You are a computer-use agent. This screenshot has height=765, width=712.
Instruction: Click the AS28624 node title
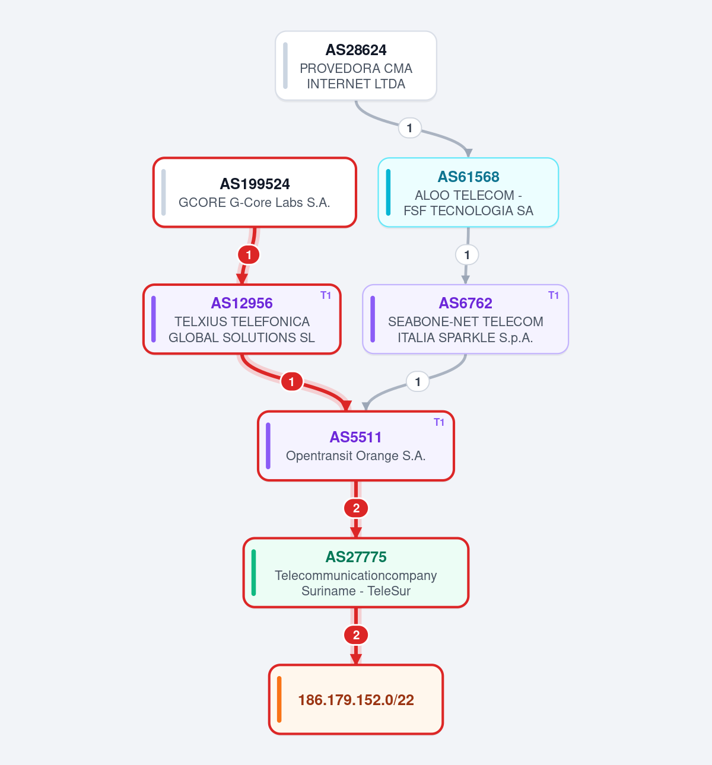[x=356, y=50]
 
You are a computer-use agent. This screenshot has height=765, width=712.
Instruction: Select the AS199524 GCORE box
[x=255, y=192]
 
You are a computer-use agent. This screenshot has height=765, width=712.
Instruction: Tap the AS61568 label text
[x=468, y=177]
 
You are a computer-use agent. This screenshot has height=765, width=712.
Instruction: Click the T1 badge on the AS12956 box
[x=326, y=295]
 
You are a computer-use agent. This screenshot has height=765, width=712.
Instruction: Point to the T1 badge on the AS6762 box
[x=554, y=295]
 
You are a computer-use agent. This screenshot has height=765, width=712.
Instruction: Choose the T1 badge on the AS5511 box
[x=439, y=422]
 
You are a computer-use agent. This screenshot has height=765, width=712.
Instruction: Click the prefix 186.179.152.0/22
[x=356, y=700]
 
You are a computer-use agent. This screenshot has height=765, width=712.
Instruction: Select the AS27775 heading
[x=356, y=557]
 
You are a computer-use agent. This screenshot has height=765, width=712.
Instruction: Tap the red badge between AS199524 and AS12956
[x=249, y=254]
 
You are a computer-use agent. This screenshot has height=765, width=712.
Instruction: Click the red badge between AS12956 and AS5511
[x=291, y=382]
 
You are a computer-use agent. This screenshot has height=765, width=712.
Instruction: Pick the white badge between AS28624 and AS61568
[x=410, y=128]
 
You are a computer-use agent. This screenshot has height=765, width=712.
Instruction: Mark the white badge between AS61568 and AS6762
[x=467, y=254]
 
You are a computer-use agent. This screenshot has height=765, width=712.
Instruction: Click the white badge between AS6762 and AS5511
[x=418, y=382]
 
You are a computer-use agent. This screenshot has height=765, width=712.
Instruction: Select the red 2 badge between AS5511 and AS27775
[x=356, y=508]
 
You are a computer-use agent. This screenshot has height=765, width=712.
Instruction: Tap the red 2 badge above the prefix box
[x=356, y=635]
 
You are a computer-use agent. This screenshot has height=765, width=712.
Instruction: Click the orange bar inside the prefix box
[x=279, y=700]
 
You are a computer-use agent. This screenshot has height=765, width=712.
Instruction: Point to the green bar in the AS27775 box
[x=253, y=573]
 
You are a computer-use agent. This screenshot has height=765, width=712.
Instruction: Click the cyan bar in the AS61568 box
[x=388, y=192]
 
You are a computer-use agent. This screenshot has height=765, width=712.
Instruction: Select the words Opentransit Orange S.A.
[x=356, y=455]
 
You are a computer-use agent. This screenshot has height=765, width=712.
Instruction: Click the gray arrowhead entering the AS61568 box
[x=468, y=153]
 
